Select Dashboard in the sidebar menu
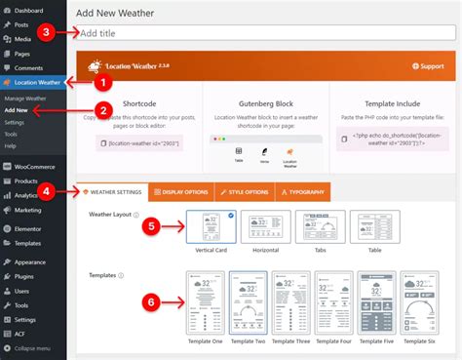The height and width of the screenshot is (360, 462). point(29,10)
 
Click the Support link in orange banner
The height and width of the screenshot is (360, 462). point(429,66)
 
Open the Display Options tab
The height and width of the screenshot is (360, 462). point(183,191)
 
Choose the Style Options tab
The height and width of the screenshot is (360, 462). point(242,191)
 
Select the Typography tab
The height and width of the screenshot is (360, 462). point(303,191)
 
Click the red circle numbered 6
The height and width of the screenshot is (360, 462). point(151,302)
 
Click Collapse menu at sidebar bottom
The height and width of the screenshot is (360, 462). point(35,348)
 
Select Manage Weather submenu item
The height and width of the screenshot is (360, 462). point(27,99)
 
